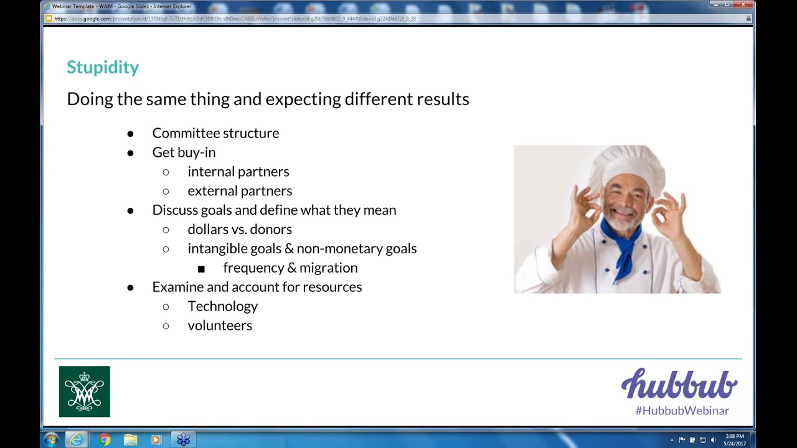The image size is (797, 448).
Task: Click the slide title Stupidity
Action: [x=103, y=67]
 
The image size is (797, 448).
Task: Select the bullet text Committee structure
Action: [x=215, y=133]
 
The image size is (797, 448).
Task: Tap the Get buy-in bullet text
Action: [x=184, y=152]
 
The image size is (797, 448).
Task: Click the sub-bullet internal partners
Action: [x=238, y=172]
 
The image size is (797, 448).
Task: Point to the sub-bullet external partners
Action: [x=240, y=191]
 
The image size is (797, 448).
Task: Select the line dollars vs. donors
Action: [x=240, y=230]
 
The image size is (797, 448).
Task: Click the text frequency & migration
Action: [x=290, y=268]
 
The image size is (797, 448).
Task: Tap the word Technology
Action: [x=222, y=306]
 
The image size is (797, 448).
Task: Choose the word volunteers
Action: [x=220, y=325]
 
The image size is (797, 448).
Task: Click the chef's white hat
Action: [x=627, y=163]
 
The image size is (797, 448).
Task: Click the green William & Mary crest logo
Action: [x=85, y=391]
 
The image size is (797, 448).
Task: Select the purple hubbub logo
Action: [x=679, y=384]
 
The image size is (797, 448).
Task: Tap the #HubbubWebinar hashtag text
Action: [x=682, y=411]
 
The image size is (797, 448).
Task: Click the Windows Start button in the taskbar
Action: [x=51, y=439]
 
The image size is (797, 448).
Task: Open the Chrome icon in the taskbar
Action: [x=105, y=439]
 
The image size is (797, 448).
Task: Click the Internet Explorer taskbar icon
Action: [x=77, y=439]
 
